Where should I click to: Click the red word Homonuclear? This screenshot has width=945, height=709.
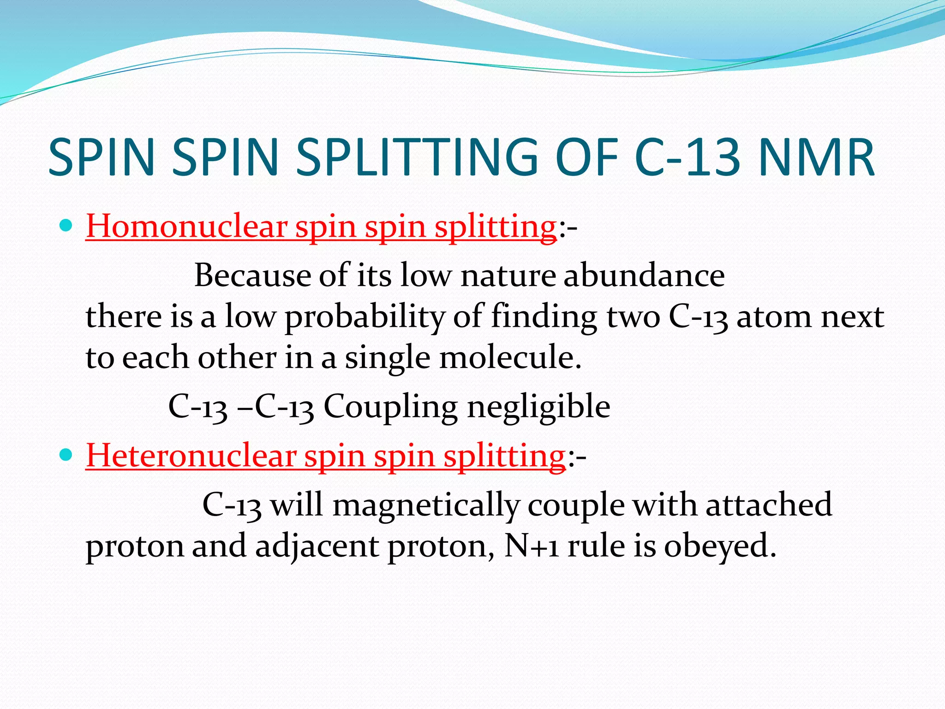click(186, 227)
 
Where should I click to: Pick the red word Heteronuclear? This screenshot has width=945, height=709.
click(191, 456)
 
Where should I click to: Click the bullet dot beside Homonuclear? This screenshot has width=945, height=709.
click(67, 226)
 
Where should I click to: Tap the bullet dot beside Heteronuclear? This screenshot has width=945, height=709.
click(67, 455)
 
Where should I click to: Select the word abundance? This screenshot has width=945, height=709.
click(644, 276)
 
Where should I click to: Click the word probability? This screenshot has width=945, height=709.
click(365, 318)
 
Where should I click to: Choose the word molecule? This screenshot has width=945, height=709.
click(509, 358)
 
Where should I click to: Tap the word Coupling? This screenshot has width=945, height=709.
click(390, 407)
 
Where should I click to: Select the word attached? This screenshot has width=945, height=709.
click(769, 504)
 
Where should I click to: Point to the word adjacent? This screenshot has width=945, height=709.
click(317, 546)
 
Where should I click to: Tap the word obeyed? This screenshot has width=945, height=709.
click(720, 546)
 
